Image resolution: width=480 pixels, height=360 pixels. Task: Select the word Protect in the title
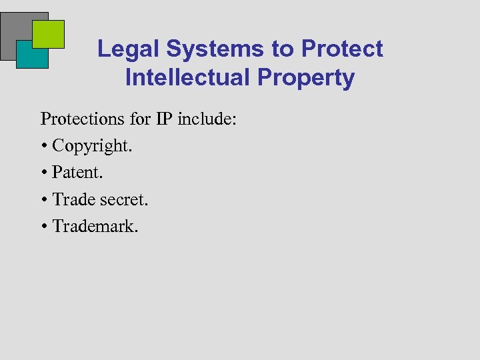[342, 49]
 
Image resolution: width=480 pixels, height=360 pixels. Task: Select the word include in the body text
[207, 119]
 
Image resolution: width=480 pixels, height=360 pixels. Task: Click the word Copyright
[93, 146]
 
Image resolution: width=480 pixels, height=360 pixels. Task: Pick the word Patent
[78, 173]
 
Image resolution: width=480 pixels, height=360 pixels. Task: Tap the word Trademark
[95, 226]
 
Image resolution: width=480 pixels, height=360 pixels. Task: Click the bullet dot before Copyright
[44, 146]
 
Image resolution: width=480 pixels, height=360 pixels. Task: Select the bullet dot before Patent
[44, 173]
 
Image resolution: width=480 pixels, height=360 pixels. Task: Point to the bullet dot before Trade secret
[44, 199]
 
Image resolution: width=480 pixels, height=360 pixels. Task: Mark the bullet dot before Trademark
[44, 226]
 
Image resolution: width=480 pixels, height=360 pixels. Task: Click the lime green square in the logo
[49, 33]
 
